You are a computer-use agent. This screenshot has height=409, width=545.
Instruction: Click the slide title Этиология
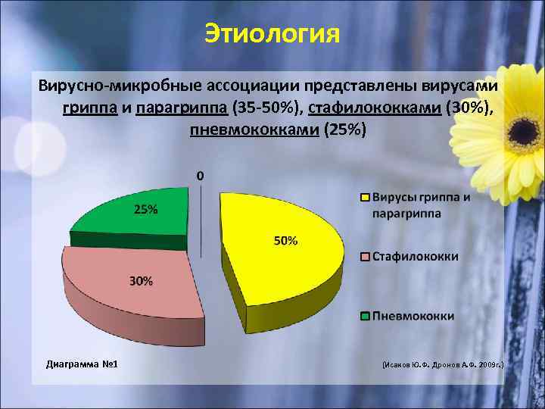(272, 34)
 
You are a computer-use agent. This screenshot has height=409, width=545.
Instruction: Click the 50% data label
(285, 241)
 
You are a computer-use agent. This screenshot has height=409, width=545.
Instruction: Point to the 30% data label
(141, 281)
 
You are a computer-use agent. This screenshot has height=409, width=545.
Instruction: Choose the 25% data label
(146, 210)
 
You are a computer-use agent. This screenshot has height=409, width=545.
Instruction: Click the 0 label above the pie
(200, 176)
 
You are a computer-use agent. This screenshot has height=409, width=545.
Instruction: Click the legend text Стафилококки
(415, 257)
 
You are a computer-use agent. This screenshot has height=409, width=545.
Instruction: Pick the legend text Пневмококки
(413, 315)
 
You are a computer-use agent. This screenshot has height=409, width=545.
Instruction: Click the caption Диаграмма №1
(81, 364)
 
